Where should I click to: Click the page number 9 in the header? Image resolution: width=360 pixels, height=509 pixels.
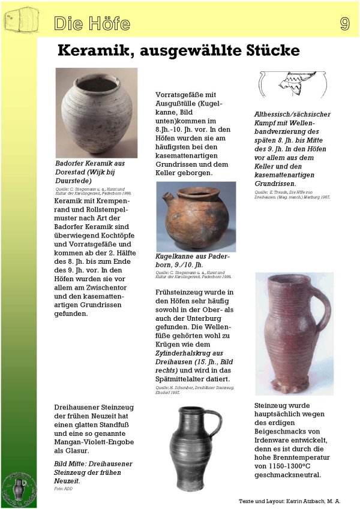coord(344,23)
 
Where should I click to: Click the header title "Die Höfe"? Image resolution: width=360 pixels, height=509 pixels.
coord(92,24)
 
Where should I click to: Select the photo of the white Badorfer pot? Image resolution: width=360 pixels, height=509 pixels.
coord(96,113)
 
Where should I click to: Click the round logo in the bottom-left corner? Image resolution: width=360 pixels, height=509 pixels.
coord(18,488)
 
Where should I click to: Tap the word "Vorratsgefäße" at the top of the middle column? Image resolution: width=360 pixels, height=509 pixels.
coord(184,95)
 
